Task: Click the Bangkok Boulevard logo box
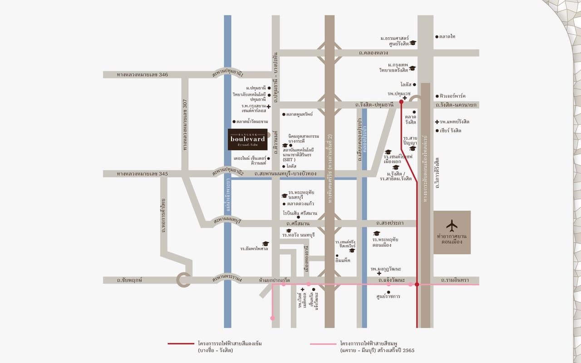[247, 139]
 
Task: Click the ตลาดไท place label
[447, 36]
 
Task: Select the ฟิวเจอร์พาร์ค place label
[453, 96]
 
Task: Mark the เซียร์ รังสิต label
[450, 131]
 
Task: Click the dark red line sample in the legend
[181, 344]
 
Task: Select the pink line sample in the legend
[323, 344]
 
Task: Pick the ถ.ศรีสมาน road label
[298, 224]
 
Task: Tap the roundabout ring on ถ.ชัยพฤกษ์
[183, 280]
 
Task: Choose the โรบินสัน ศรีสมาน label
[300, 213]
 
